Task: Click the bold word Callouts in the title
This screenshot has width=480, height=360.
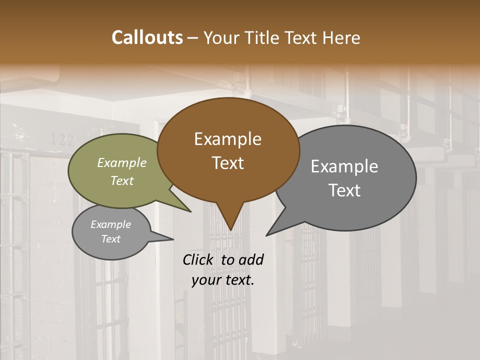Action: pyautogui.click(x=147, y=38)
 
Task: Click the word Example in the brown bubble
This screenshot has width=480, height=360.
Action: pyautogui.click(x=227, y=139)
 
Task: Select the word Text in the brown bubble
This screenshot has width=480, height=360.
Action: pyautogui.click(x=227, y=163)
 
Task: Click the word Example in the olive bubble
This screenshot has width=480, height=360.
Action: pyautogui.click(x=121, y=163)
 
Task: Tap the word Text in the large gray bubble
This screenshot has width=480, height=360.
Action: pyautogui.click(x=344, y=190)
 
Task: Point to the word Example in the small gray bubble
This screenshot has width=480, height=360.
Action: pyautogui.click(x=110, y=224)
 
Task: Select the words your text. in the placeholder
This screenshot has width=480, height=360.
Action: pyautogui.click(x=223, y=280)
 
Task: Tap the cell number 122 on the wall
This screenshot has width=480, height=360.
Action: pyautogui.click(x=62, y=140)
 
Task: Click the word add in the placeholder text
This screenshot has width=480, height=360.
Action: pyautogui.click(x=251, y=259)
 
